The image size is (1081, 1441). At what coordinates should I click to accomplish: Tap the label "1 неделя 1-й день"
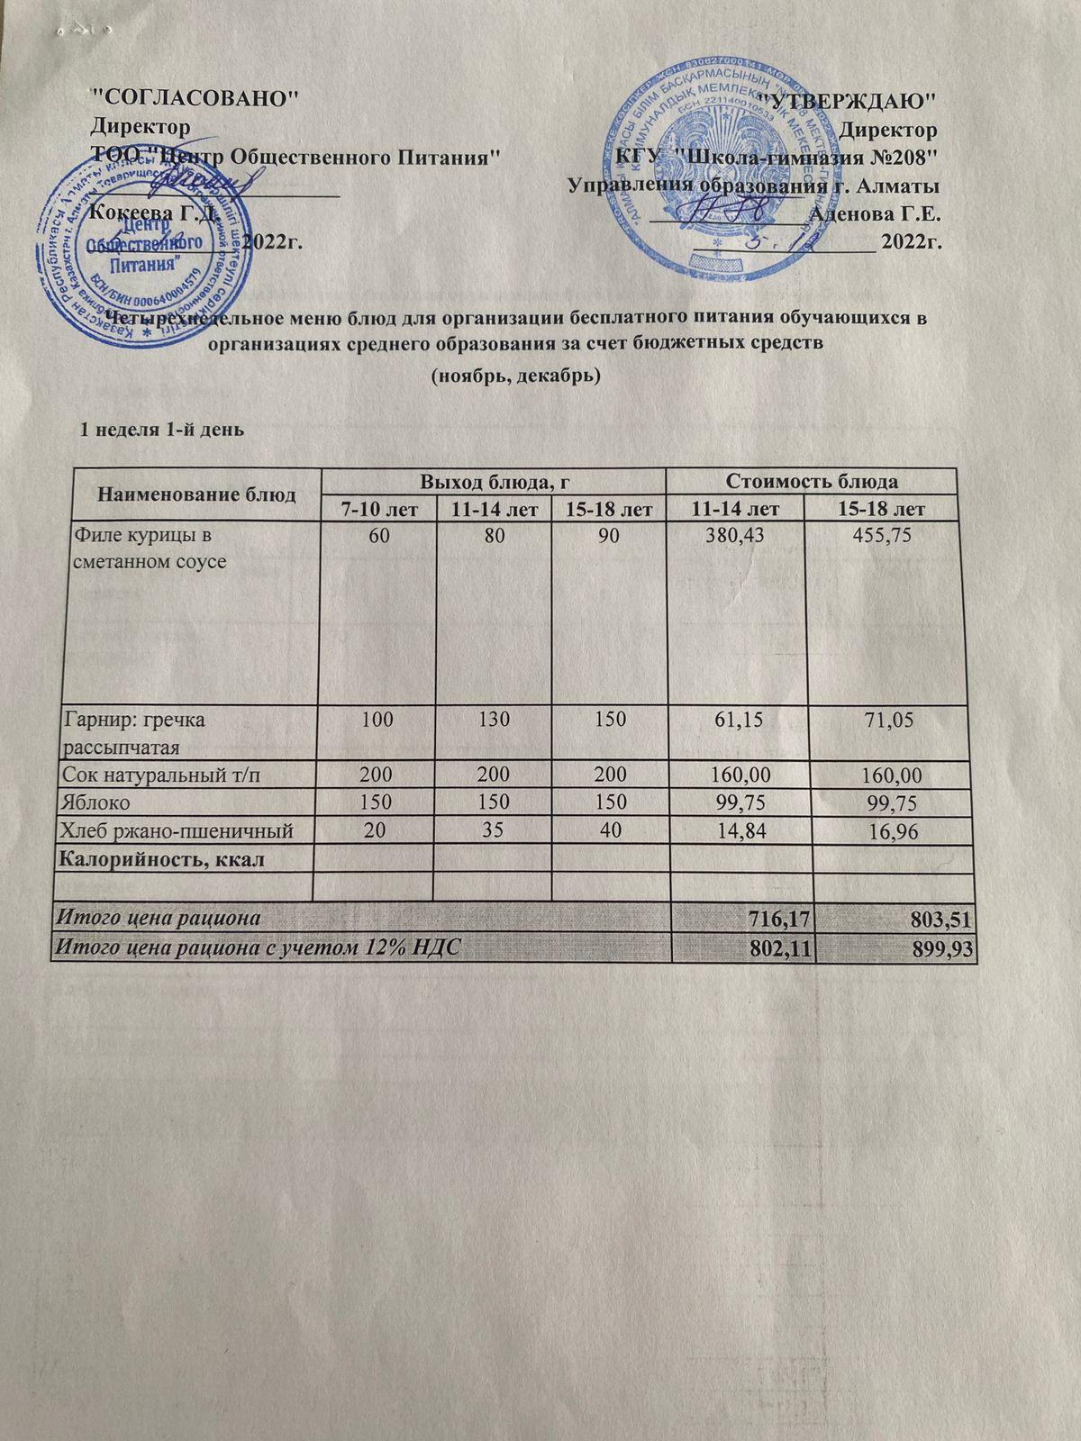click(x=162, y=429)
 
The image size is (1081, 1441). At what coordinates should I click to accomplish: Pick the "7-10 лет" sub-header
click(x=378, y=509)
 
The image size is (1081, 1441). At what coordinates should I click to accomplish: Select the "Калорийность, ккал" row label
click(x=162, y=859)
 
